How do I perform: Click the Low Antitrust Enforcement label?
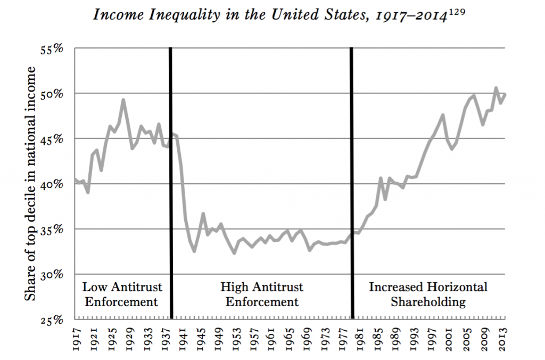point(122,294)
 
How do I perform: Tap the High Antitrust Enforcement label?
point(262,294)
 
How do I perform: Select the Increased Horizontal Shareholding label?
point(428,294)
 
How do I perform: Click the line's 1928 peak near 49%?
point(123,100)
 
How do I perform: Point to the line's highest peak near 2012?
point(496,88)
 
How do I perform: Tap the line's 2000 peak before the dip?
point(443,114)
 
